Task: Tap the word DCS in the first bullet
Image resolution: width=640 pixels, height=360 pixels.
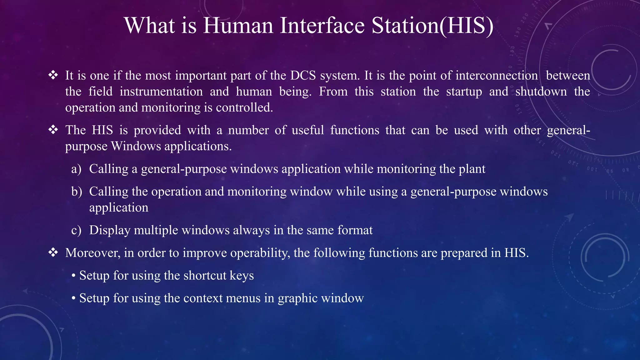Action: click(303, 76)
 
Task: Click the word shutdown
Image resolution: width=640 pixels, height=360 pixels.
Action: click(541, 92)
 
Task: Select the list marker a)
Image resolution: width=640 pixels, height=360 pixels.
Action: click(76, 169)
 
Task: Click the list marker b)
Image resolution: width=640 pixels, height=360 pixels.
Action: click(77, 192)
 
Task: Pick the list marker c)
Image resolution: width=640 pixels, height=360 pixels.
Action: click(76, 230)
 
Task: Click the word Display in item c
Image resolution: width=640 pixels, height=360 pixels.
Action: click(110, 230)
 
